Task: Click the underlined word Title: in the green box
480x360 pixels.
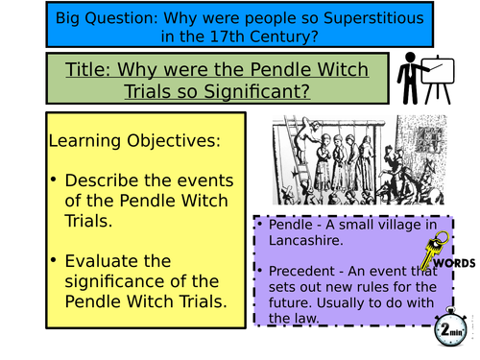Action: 92,70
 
